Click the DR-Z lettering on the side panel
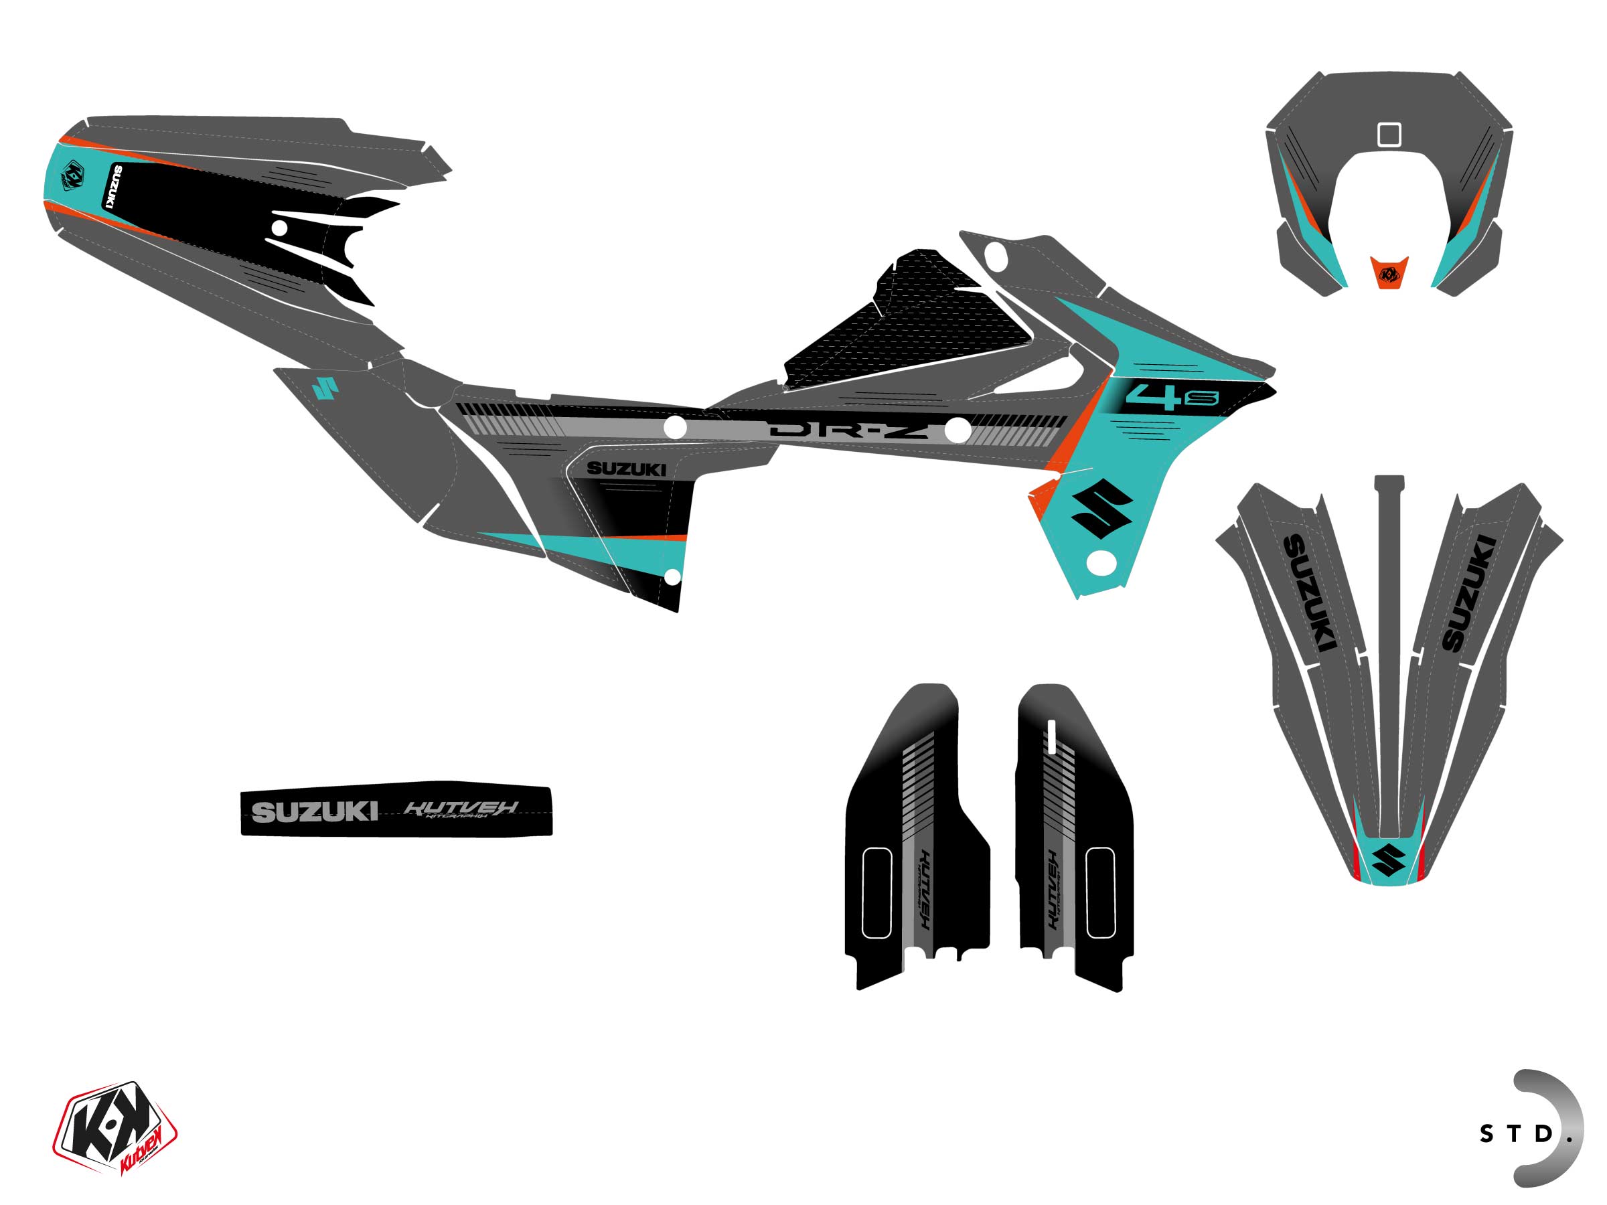[848, 430]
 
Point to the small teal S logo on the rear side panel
[325, 388]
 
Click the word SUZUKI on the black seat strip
[314, 811]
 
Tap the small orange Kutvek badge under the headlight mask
[1388, 274]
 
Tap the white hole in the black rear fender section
[279, 228]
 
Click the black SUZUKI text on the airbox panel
[625, 469]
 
